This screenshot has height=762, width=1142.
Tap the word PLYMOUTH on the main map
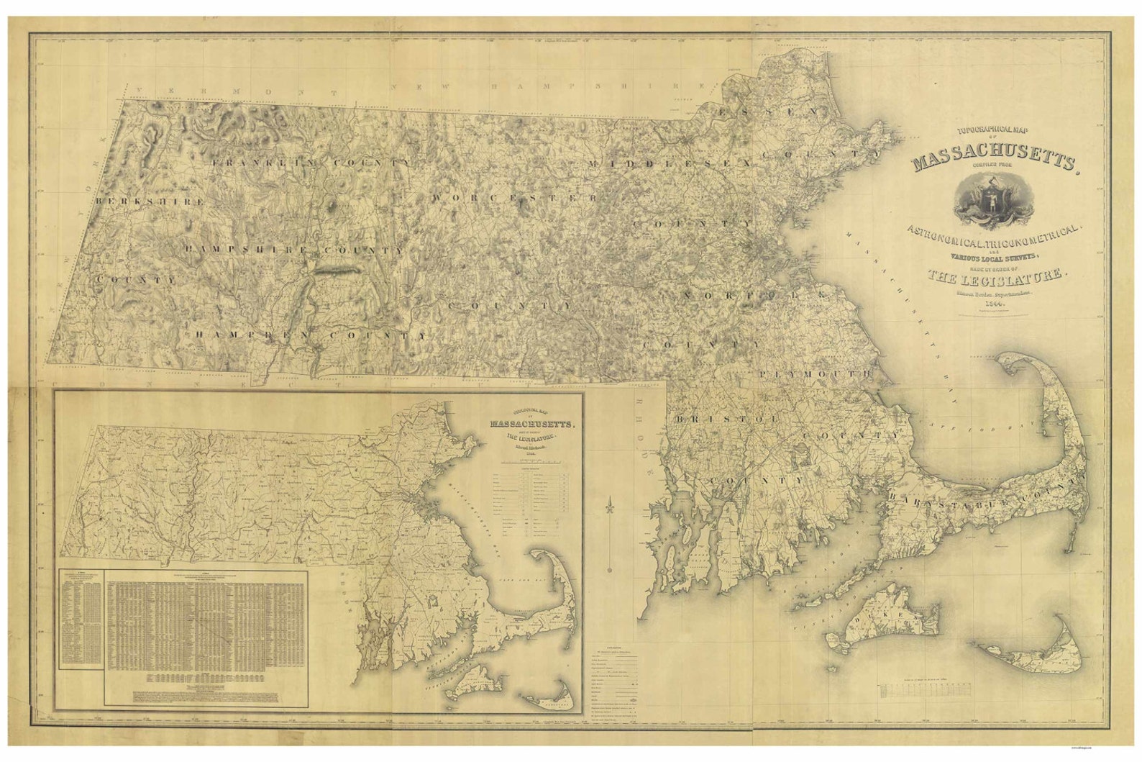point(814,375)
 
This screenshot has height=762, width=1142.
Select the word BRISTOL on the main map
point(727,418)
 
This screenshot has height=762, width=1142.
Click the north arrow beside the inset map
point(610,532)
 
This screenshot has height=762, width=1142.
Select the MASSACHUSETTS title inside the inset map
point(532,423)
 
